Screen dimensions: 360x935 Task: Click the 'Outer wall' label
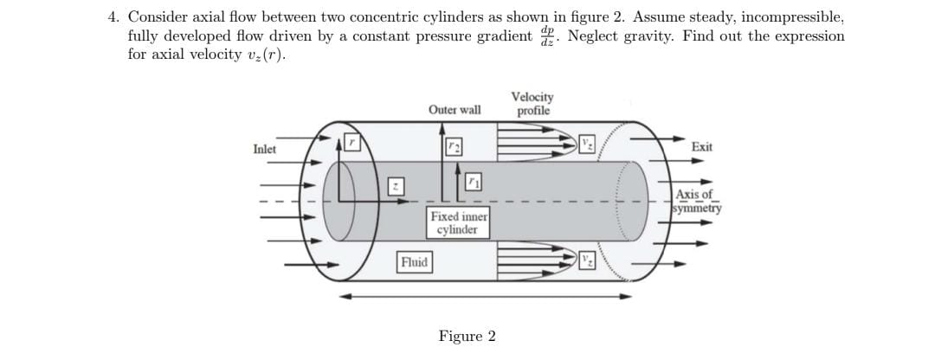[x=455, y=110]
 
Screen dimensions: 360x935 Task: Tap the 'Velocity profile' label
[x=533, y=104]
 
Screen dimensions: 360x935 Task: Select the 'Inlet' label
[x=265, y=149]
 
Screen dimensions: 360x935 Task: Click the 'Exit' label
[x=702, y=147]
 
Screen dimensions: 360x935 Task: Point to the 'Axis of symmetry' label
[x=699, y=201]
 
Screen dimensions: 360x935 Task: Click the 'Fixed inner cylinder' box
[x=459, y=222]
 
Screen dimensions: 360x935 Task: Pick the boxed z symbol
[x=396, y=187]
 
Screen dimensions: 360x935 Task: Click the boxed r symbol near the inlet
[x=352, y=141]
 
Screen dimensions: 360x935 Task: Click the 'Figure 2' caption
[x=467, y=336]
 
